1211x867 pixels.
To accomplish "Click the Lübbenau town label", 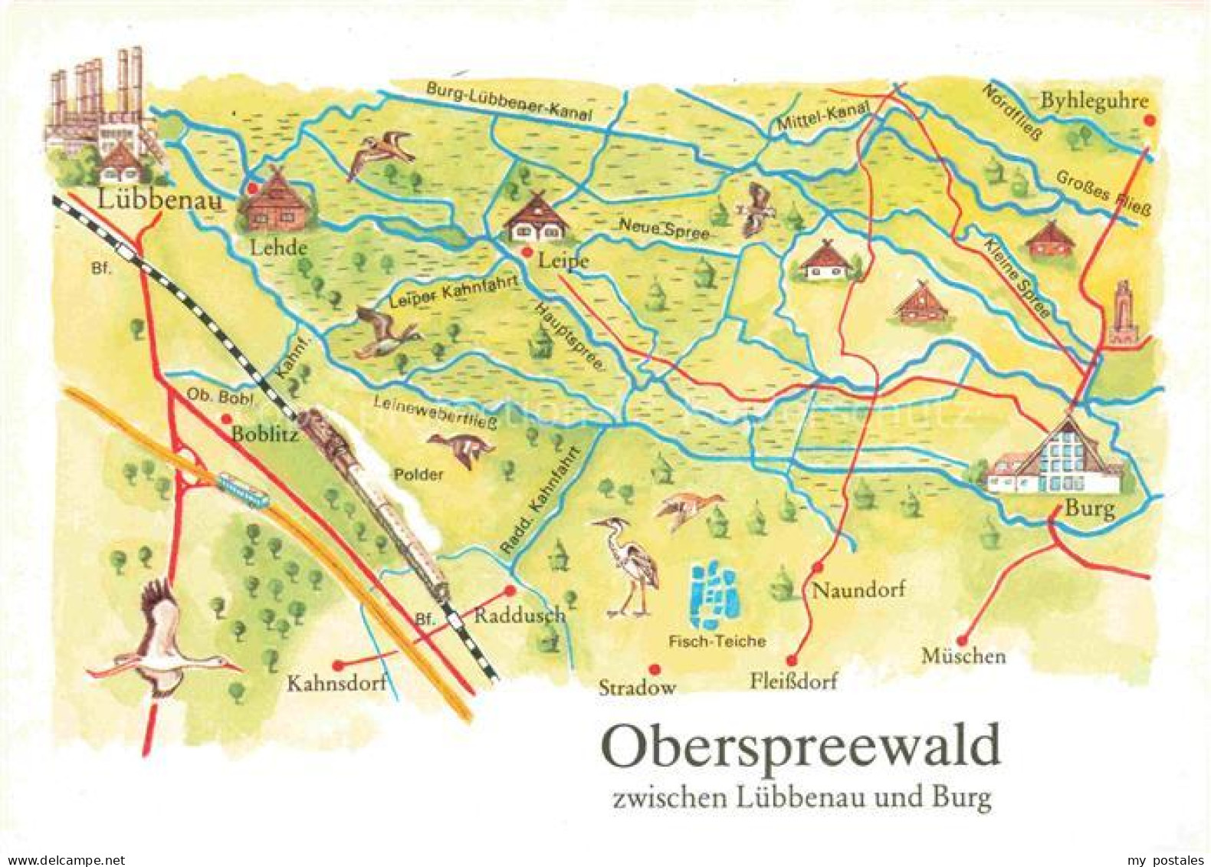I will pyautogui.click(x=159, y=201).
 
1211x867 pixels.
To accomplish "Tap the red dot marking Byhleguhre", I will pyautogui.click(x=1149, y=121).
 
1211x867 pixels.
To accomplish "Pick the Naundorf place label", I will pyautogui.click(x=858, y=589).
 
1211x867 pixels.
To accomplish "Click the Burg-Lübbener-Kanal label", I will pyautogui.click(x=510, y=100).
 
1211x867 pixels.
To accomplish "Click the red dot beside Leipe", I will pyautogui.click(x=527, y=252).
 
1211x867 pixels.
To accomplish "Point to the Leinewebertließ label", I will pyautogui.click(x=435, y=412).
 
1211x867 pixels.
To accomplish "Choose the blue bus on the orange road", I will pyautogui.click(x=242, y=491).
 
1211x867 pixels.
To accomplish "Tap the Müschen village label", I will pyautogui.click(x=963, y=656).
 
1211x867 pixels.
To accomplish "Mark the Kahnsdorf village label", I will pyautogui.click(x=336, y=683).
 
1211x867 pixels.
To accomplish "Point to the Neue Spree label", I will pyautogui.click(x=664, y=228).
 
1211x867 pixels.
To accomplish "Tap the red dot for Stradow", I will pyautogui.click(x=653, y=668).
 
